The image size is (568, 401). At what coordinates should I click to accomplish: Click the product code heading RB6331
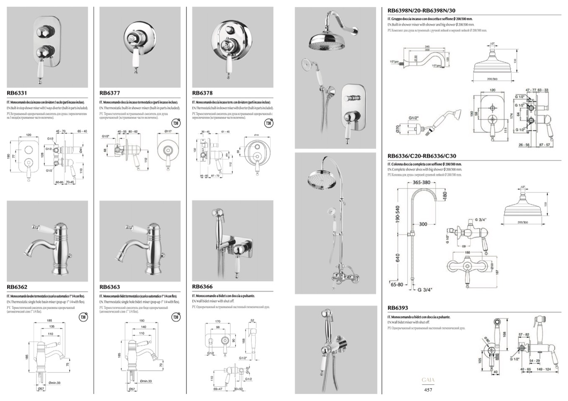coord(17,93)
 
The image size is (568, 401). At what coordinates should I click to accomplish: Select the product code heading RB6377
coord(110,93)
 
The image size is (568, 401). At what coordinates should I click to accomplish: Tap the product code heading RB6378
coord(202,93)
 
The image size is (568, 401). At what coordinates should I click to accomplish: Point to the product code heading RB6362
coord(17,287)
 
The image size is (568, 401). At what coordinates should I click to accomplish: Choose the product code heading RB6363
coord(110,287)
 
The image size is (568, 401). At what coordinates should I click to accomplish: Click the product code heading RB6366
coord(202,287)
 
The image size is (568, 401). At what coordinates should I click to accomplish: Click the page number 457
coord(428,390)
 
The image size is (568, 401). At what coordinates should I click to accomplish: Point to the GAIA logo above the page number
coord(428,380)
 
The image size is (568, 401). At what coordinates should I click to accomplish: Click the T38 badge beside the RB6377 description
coord(176,123)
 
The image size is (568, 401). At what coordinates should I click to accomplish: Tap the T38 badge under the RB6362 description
coord(83,317)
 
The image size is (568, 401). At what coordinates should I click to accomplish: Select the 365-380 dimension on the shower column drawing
coord(421,182)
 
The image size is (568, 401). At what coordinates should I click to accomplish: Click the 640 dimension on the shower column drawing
coord(398,258)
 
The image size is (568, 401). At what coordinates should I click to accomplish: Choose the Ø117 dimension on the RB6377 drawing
coord(168,131)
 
